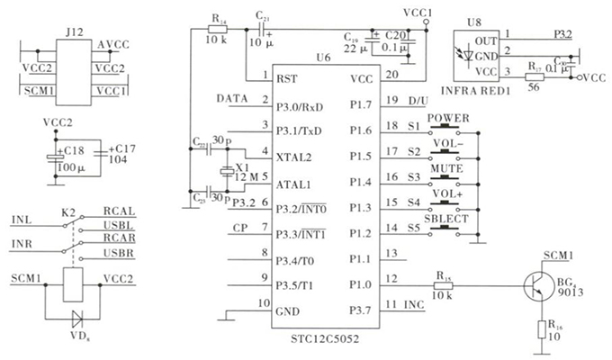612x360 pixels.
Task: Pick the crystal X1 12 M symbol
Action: pyautogui.click(x=225, y=172)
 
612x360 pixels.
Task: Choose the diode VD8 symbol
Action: pyautogui.click(x=75, y=319)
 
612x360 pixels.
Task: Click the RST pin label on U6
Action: pyautogui.click(x=286, y=77)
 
